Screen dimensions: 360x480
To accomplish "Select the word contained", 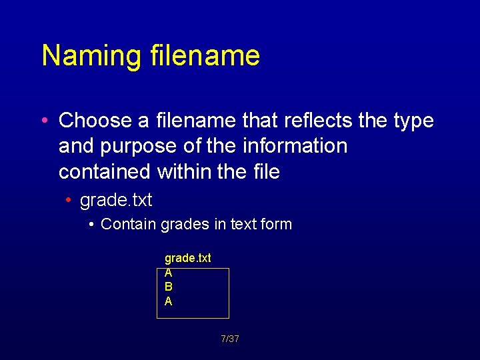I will tap(105, 171).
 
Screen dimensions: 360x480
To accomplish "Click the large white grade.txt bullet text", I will tap(116, 200).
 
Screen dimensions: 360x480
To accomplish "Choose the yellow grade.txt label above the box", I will tap(188, 258).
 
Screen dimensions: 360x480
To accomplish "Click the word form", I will tap(276, 224).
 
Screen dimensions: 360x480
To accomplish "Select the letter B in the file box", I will tap(169, 287).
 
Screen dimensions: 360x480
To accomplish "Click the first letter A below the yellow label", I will tap(169, 273).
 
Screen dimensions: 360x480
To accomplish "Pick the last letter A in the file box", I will tap(169, 301).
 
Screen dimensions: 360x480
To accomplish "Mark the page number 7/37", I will tap(230, 339).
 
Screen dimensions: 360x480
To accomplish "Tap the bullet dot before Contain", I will tap(91, 225).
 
